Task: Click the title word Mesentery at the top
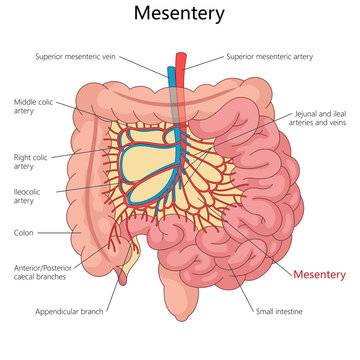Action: pos(180,15)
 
